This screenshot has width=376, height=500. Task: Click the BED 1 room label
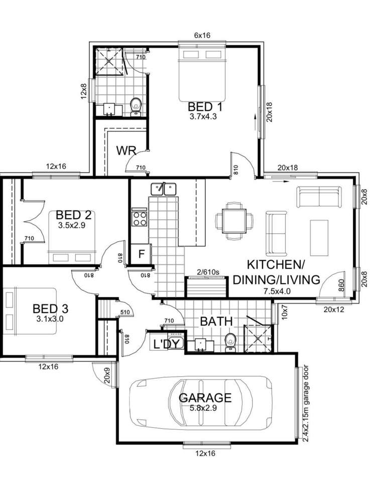[205, 107]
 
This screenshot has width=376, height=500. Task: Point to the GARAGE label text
[205, 398]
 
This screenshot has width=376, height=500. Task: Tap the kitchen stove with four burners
[139, 218]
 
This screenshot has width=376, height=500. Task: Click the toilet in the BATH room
[230, 342]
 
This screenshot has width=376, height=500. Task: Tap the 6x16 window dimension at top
[202, 36]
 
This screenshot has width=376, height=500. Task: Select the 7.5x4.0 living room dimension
[276, 291]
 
